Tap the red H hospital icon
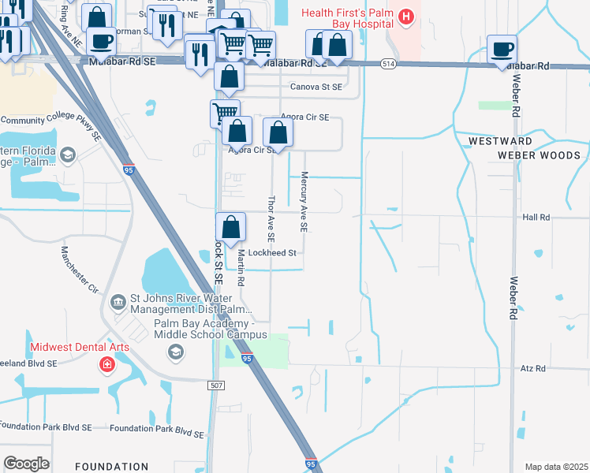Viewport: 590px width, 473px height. pyautogui.click(x=405, y=16)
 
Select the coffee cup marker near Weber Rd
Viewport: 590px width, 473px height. pyautogui.click(x=502, y=50)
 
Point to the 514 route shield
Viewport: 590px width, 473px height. pyautogui.click(x=387, y=63)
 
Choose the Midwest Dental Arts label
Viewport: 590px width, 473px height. pyautogui.click(x=79, y=348)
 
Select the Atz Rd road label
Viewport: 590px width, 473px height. pyautogui.click(x=533, y=368)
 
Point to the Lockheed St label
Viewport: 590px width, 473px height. pyautogui.click(x=271, y=253)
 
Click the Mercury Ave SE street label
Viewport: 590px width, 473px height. pyautogui.click(x=304, y=203)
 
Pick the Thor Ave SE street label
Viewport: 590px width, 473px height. pyautogui.click(x=271, y=218)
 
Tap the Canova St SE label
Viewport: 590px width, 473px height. pyautogui.click(x=316, y=87)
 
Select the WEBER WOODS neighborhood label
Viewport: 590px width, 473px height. pyautogui.click(x=539, y=155)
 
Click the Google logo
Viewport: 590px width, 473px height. pyautogui.click(x=26, y=464)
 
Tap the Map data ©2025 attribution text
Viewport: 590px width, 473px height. pyautogui.click(x=556, y=467)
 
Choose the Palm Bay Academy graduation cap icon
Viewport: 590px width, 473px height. pyautogui.click(x=176, y=352)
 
